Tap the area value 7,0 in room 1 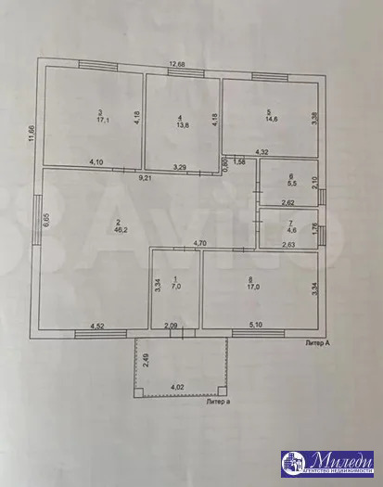[x=177, y=287]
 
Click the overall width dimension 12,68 [x=177, y=64]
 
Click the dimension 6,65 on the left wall [x=45, y=220]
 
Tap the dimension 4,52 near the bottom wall [x=97, y=326]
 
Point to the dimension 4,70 [x=199, y=243]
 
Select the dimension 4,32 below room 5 [x=262, y=151]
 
